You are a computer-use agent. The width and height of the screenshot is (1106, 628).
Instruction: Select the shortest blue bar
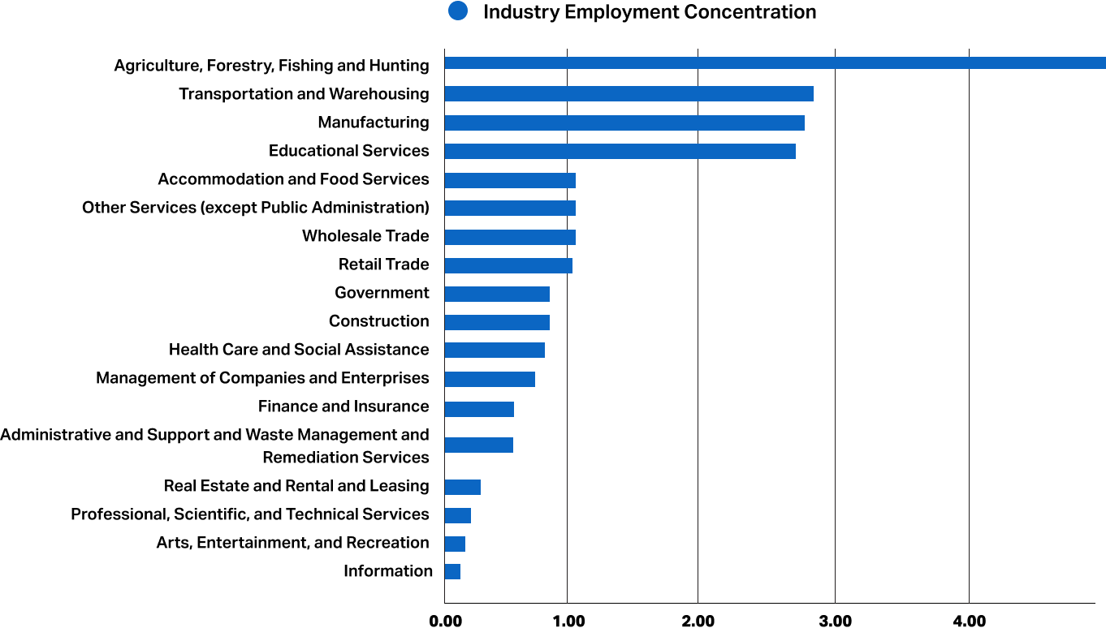click(x=452, y=571)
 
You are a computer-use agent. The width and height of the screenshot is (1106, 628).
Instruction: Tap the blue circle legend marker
click(x=458, y=11)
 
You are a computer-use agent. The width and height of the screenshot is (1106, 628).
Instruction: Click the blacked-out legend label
click(x=650, y=13)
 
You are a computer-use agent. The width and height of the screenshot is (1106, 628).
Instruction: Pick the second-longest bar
click(x=629, y=93)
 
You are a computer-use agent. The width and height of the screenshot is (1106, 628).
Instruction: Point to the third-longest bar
click(x=624, y=123)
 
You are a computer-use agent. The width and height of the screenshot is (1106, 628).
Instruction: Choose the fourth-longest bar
click(x=620, y=151)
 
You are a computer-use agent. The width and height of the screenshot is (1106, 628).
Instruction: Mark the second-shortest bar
click(x=455, y=544)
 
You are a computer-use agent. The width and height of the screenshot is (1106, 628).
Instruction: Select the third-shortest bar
click(x=457, y=515)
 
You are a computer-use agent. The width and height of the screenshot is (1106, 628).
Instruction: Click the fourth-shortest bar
click(x=462, y=487)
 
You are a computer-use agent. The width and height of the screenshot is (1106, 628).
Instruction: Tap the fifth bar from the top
click(x=510, y=180)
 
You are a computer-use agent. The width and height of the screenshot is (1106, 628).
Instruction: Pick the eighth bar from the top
click(x=508, y=265)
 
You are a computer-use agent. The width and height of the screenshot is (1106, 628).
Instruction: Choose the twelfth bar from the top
click(x=490, y=379)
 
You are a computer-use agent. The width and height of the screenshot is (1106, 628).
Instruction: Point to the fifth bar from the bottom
click(x=478, y=445)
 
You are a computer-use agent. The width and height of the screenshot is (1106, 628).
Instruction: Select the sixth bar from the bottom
click(x=479, y=409)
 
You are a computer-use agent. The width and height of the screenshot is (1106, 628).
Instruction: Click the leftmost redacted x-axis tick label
click(x=446, y=621)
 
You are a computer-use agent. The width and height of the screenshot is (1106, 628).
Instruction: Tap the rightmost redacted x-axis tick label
click(x=969, y=621)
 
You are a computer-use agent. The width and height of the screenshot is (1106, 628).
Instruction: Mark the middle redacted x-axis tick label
click(x=698, y=621)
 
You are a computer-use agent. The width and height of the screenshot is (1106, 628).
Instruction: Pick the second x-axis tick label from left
click(x=568, y=621)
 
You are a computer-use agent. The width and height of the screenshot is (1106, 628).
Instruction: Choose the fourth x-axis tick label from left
click(x=836, y=621)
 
